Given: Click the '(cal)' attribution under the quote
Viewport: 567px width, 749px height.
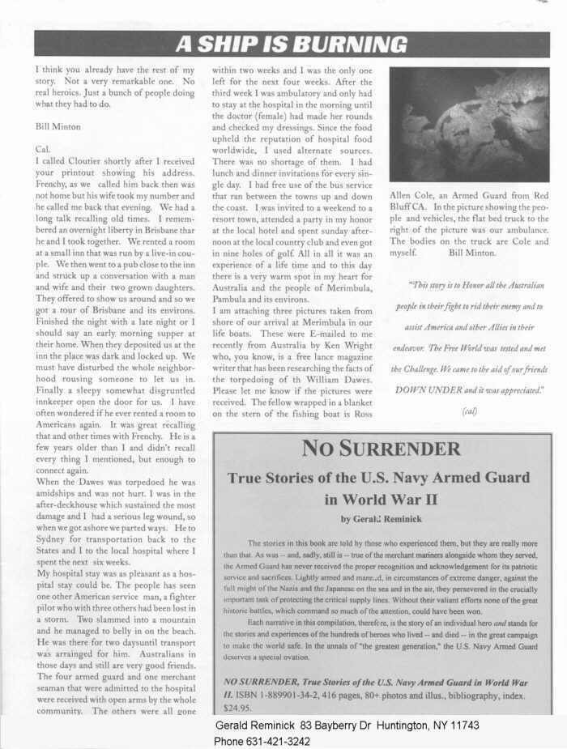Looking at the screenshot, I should (470, 410).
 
